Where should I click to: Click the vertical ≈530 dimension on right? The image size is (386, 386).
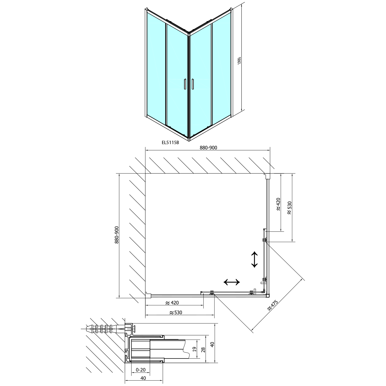[x=289, y=208]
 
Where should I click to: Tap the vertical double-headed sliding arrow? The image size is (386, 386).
[x=255, y=259]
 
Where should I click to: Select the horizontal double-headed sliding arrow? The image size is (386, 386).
[x=232, y=282]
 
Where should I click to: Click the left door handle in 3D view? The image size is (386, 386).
[x=184, y=84]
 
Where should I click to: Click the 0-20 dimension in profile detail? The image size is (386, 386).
[x=141, y=370]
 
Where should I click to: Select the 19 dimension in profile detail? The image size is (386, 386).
[x=195, y=349]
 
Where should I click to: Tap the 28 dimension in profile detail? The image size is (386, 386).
[x=203, y=349]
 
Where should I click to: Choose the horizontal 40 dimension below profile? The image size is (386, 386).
[x=143, y=378]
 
